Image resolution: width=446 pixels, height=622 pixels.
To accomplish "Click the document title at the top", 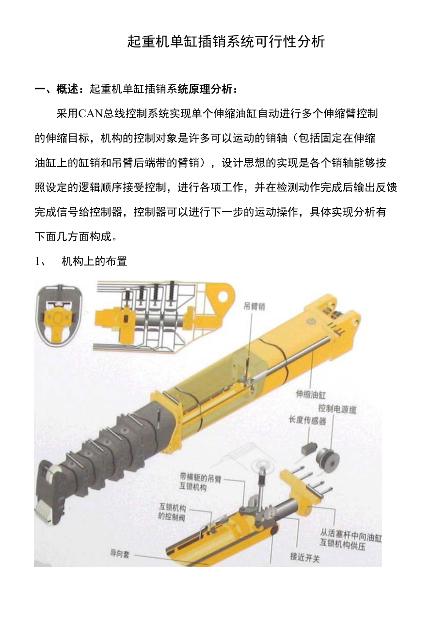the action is point(226,42).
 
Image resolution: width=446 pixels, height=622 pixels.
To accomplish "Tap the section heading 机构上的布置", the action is point(95,261).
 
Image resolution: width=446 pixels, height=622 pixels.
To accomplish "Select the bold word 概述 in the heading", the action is point(67,90).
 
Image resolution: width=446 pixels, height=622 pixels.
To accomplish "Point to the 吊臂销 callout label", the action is point(254,307).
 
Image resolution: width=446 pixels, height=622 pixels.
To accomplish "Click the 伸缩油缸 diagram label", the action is point(310,394).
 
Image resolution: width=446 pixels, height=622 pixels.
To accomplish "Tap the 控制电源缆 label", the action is point(337,409).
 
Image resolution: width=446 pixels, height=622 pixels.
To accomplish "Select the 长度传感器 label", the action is point(307,420).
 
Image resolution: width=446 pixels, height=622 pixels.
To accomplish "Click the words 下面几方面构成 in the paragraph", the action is point(73,237).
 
